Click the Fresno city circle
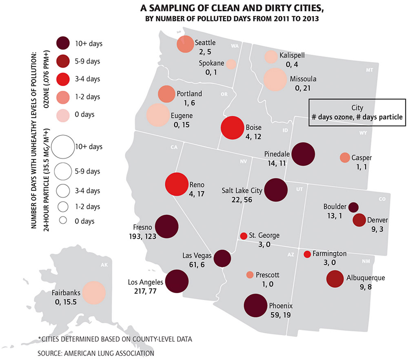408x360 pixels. point(166,226)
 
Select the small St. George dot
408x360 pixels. point(244,236)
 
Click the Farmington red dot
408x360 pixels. point(307,254)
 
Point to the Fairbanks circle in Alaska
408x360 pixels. point(94,293)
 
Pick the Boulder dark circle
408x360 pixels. point(353,207)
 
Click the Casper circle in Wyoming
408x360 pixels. point(345,157)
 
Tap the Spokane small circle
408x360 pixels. point(231,64)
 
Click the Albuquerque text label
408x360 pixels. point(366,278)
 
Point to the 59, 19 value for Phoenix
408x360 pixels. point(282,315)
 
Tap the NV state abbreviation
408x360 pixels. point(244,162)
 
